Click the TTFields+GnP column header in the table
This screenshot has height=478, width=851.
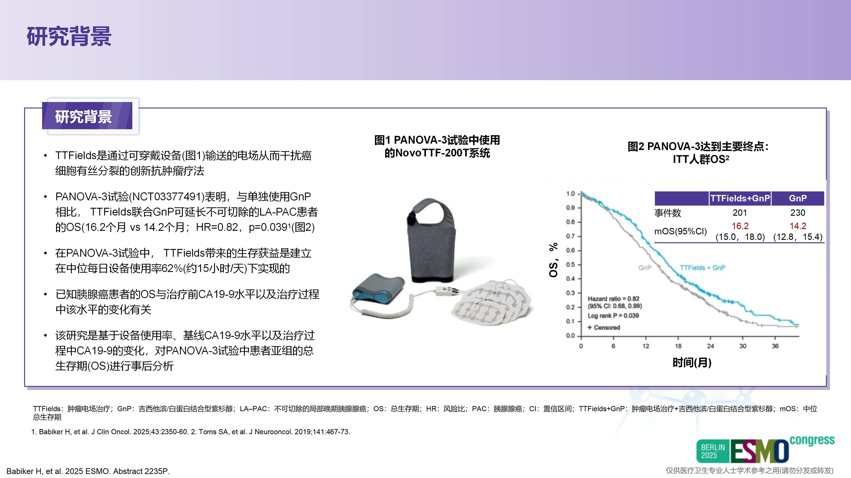click(740, 198)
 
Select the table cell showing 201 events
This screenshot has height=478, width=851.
click(740, 213)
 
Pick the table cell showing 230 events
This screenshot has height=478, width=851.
click(798, 213)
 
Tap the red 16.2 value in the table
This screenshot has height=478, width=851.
click(740, 226)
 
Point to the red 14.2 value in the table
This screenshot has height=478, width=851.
click(798, 226)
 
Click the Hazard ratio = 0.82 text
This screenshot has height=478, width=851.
click(613, 299)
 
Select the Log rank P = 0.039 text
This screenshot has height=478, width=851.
click(613, 316)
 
